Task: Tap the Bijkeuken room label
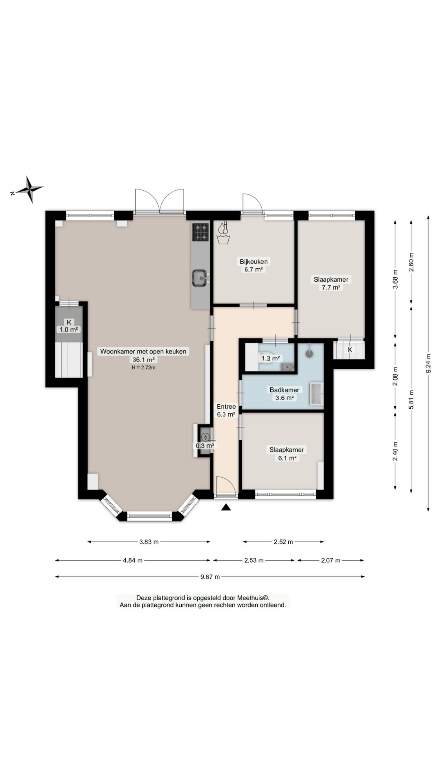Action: (254, 262)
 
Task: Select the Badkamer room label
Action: (284, 390)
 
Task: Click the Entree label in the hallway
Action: (226, 407)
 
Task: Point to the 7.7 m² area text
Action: (331, 287)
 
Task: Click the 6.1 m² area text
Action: (287, 458)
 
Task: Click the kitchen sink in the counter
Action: (200, 278)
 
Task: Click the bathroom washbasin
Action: (317, 394)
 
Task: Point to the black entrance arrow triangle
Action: (226, 507)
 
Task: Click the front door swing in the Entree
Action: (226, 486)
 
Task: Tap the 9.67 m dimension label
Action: (210, 577)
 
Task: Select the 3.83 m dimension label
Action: (149, 542)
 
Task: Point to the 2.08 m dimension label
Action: (395, 376)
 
